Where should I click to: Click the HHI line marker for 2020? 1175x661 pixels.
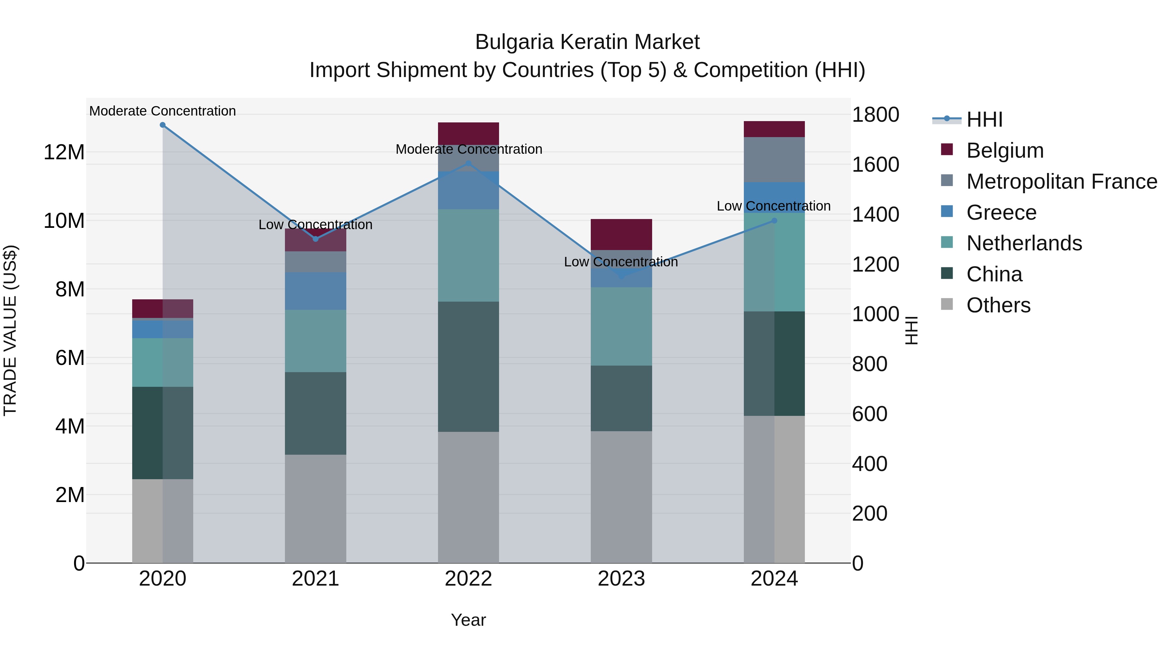click(x=163, y=125)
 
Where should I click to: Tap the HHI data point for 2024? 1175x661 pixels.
click(x=774, y=221)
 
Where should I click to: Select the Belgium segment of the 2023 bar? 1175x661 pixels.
click(x=621, y=234)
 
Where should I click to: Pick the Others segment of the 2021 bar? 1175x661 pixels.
click(x=316, y=509)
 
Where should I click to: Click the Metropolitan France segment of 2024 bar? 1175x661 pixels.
click(x=774, y=160)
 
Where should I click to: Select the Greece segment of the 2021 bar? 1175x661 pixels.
click(x=316, y=291)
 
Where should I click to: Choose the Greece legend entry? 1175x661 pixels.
click(x=1001, y=212)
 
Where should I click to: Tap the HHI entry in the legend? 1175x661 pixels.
click(x=984, y=119)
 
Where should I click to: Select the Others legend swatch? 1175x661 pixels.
click(x=947, y=304)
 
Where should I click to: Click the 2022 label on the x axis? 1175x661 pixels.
click(x=468, y=579)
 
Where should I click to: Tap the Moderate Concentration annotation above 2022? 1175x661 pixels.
click(x=468, y=149)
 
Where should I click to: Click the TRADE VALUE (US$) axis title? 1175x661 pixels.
click(x=10, y=330)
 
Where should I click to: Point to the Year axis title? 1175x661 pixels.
click(x=468, y=620)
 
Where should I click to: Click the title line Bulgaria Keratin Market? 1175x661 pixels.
click(x=587, y=42)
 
